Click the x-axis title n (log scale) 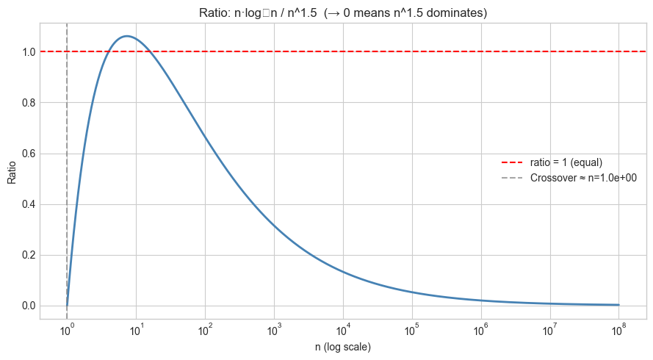343,347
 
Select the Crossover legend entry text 583,178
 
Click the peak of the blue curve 127,36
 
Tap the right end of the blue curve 618,305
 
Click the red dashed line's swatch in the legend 512,162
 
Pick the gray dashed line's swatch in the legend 512,178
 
